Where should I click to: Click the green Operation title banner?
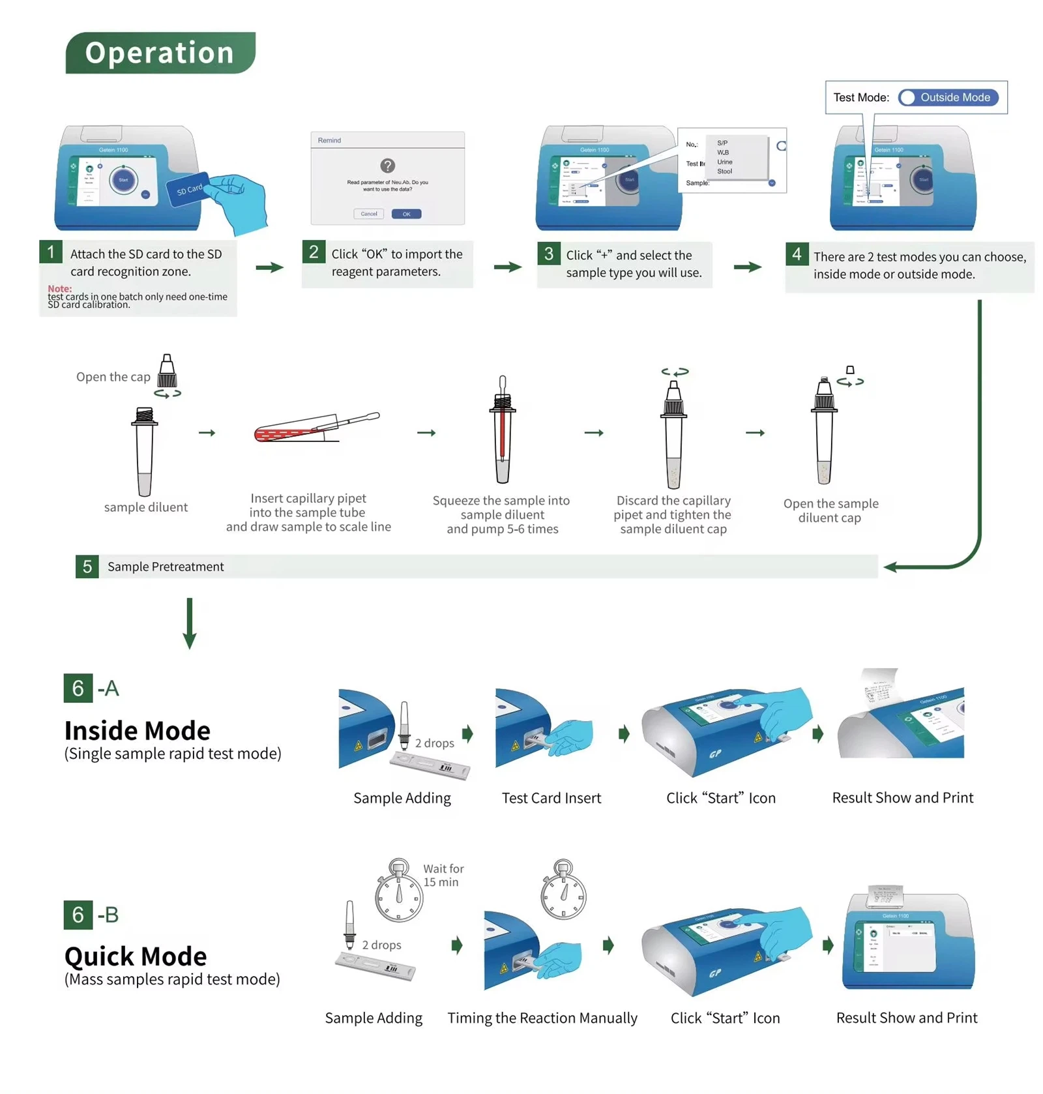click(160, 53)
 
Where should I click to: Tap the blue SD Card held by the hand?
click(189, 189)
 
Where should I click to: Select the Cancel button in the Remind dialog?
click(368, 214)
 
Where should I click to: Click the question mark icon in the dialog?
click(387, 166)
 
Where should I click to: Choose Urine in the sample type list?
click(724, 162)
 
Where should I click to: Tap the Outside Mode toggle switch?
click(948, 97)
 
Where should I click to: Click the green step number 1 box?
click(51, 252)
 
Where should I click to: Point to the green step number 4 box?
click(797, 254)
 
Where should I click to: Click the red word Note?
click(59, 288)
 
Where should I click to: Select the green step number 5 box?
click(87, 566)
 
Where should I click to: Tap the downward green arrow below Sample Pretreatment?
click(190, 623)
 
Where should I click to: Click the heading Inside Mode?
click(137, 730)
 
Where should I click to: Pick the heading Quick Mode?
click(136, 956)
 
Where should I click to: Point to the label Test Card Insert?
click(551, 797)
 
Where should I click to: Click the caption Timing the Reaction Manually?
click(542, 1017)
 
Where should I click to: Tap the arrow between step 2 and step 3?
click(507, 267)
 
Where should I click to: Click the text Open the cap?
click(113, 377)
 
